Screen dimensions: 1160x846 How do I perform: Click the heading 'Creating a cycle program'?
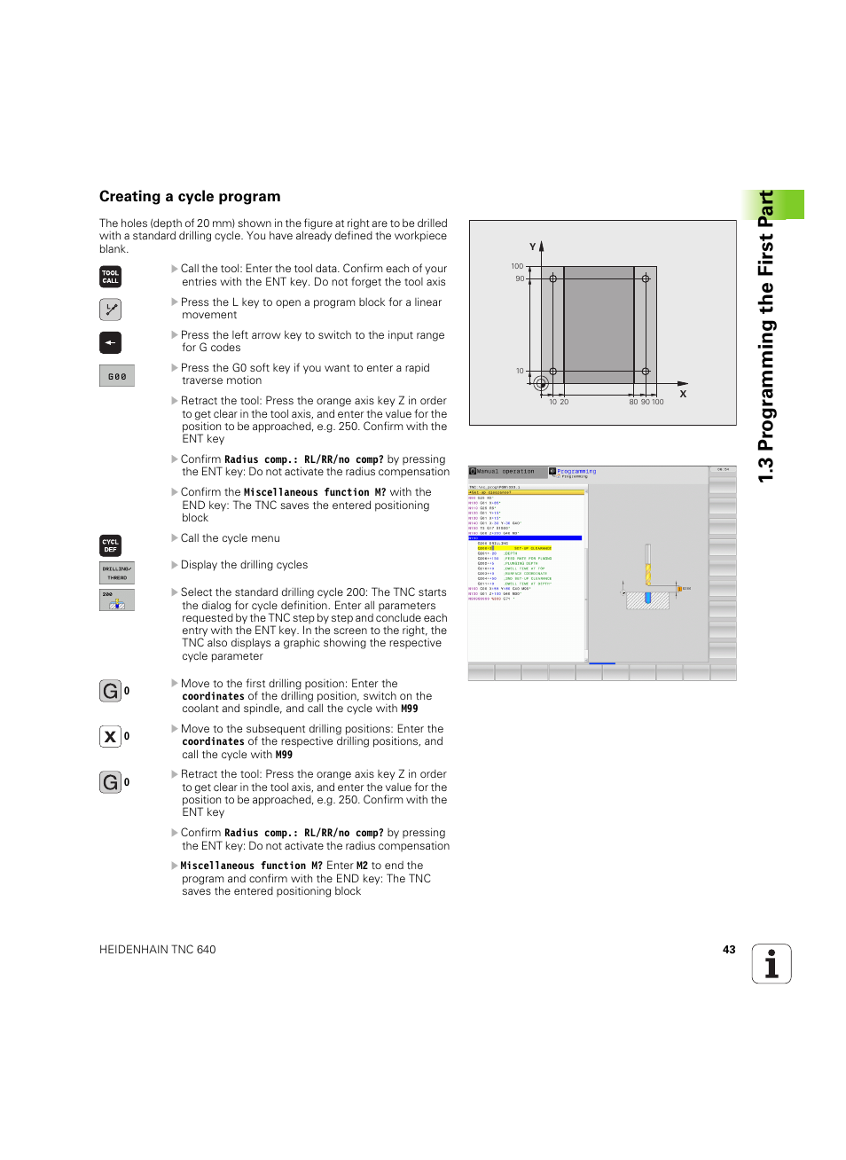tap(190, 197)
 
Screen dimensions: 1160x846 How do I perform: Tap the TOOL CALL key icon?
tap(110, 277)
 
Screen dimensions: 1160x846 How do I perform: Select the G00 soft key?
tap(117, 376)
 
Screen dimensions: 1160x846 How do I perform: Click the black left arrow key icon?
tap(110, 342)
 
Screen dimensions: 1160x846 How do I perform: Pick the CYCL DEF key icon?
tap(110, 545)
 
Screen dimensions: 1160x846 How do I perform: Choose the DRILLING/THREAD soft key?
tap(117, 573)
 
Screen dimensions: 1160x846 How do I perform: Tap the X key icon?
tap(110, 736)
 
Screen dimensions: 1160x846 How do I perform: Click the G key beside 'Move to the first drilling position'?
tap(110, 691)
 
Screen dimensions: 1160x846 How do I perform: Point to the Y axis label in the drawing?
tap(532, 247)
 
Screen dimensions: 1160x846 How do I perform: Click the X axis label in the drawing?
tap(683, 394)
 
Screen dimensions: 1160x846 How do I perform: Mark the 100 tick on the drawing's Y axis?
tap(517, 266)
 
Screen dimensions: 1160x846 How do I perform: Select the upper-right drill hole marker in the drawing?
tap(646, 278)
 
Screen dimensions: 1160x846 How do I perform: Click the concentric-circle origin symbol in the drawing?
tap(541, 383)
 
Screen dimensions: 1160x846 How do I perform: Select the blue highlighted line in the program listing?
tap(525, 537)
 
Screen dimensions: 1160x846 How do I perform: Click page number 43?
tap(729, 950)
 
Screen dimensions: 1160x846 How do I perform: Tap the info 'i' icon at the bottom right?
tap(772, 964)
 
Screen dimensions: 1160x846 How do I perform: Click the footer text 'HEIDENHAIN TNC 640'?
tap(158, 950)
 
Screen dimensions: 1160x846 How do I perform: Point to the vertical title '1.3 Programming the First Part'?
tap(766, 337)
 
